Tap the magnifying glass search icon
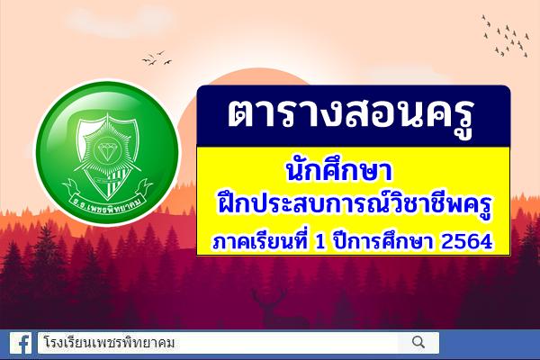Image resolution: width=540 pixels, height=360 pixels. (418, 342)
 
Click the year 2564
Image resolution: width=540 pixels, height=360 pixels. (472, 241)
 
